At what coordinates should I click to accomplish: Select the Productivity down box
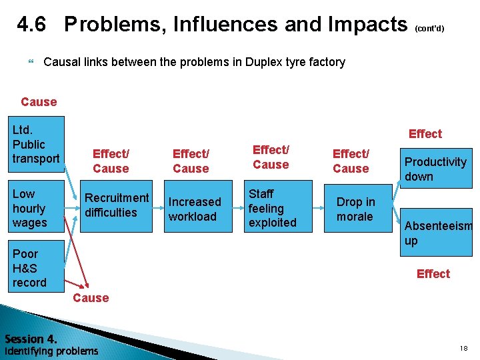(x=436, y=169)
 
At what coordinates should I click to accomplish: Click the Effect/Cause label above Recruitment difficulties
(x=111, y=161)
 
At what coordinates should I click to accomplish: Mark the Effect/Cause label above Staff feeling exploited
(x=271, y=157)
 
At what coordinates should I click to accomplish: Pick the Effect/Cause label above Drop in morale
(x=351, y=161)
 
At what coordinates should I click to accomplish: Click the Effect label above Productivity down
(x=425, y=134)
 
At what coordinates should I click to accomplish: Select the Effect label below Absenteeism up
(x=433, y=274)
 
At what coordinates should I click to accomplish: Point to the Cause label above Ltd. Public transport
(x=39, y=102)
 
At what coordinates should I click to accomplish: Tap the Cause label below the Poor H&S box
(x=91, y=298)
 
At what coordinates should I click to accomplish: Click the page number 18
(x=463, y=349)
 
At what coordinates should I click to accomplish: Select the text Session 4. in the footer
(x=31, y=338)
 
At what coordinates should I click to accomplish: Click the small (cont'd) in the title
(x=429, y=29)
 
